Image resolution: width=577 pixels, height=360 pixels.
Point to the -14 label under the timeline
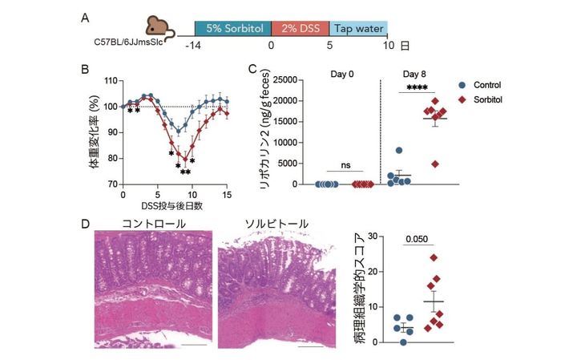click(x=193, y=47)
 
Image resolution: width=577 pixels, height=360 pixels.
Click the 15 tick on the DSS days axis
click(x=227, y=194)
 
